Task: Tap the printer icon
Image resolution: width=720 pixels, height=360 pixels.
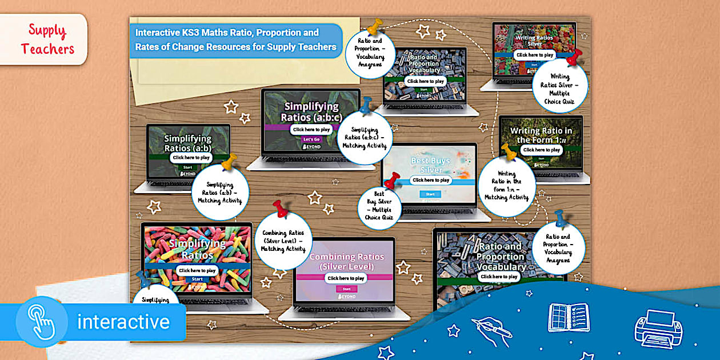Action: [658, 328]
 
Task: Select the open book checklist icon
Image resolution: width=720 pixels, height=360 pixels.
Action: [569, 318]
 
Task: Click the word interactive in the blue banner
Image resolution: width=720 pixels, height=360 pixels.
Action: [123, 322]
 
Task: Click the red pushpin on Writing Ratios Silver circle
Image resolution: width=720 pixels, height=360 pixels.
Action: [574, 57]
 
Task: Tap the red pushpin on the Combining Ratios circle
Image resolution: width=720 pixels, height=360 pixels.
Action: [281, 209]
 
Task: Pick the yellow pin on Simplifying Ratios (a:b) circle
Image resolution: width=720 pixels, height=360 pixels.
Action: [229, 162]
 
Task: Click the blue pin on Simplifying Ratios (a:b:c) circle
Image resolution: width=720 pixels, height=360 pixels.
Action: [365, 106]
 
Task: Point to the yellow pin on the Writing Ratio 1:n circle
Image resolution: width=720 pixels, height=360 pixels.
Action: [509, 151]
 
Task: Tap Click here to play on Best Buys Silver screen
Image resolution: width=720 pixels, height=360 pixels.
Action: [431, 180]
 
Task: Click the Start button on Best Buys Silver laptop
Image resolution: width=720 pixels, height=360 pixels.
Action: [430, 194]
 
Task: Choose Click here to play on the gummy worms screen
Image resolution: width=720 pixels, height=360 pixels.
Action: [196, 270]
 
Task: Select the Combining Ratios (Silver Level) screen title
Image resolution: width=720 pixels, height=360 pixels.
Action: [347, 262]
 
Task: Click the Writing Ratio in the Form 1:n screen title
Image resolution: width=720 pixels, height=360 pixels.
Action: [541, 135]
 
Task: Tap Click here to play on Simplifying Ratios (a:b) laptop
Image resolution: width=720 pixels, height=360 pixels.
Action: [191, 157]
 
